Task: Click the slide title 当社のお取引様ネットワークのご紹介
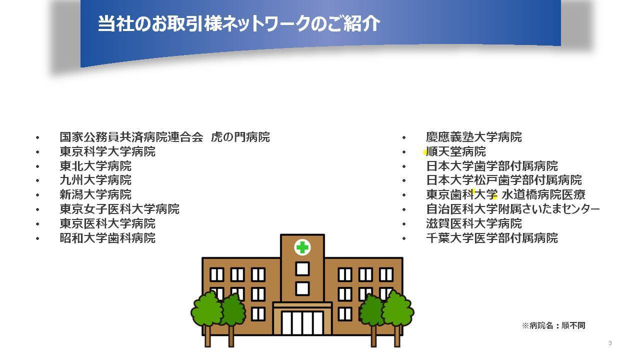(239, 23)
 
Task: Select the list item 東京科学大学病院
(107, 151)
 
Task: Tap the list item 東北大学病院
(95, 166)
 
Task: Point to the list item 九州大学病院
(95, 180)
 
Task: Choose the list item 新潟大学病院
(95, 195)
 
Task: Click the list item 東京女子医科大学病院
(119, 209)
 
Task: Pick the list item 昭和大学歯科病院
(107, 238)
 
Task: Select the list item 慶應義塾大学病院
(474, 137)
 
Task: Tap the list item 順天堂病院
(456, 151)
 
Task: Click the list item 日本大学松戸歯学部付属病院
(504, 180)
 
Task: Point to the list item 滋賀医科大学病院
(474, 223)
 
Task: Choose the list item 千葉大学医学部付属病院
(492, 238)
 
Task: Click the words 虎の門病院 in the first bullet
(240, 137)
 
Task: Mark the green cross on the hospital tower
(302, 247)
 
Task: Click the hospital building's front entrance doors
(302, 323)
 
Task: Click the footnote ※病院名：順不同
(553, 325)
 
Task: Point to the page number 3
(610, 343)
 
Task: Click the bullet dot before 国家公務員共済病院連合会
(37, 137)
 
